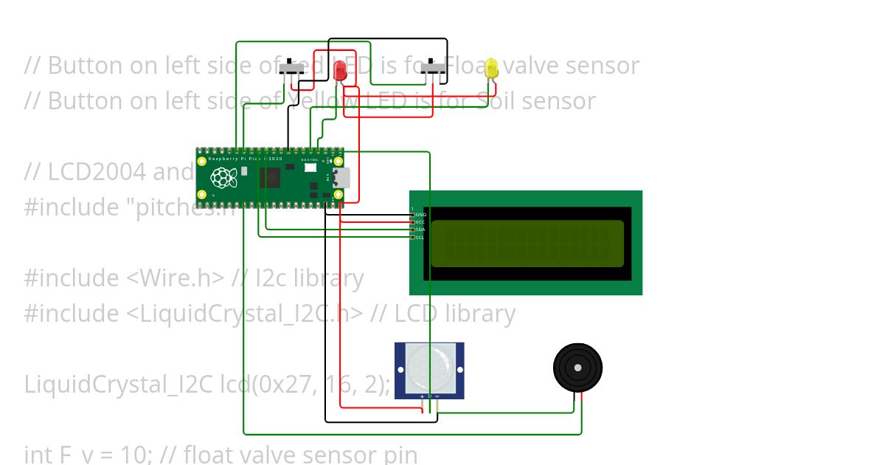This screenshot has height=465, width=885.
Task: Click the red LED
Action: click(340, 70)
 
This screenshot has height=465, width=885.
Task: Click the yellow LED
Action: click(492, 69)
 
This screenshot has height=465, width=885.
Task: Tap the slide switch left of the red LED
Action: click(291, 69)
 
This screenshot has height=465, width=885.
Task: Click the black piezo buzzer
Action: click(577, 367)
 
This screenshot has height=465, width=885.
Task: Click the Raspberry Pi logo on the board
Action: click(221, 177)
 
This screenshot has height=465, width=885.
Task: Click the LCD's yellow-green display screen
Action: click(527, 244)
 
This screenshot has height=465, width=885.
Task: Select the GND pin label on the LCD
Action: click(421, 214)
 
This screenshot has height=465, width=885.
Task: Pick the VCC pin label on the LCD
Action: click(420, 221)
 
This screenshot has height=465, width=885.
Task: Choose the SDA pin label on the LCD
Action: click(420, 230)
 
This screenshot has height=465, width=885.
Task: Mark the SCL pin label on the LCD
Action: click(420, 238)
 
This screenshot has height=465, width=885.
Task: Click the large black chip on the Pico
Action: click(270, 178)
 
